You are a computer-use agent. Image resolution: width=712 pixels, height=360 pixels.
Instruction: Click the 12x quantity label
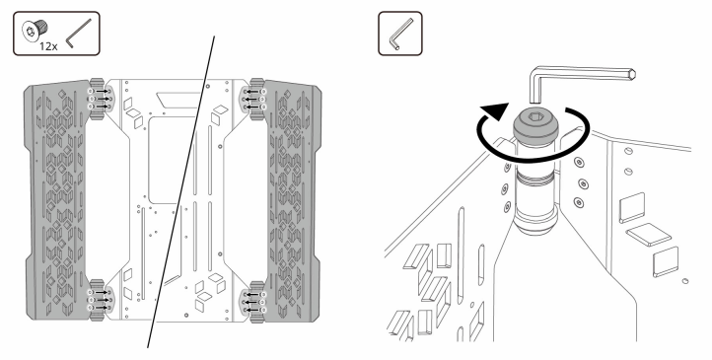[48, 45]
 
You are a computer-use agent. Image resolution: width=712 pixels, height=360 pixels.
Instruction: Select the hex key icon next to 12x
[79, 33]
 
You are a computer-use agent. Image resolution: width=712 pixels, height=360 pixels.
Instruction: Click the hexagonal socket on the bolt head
[534, 116]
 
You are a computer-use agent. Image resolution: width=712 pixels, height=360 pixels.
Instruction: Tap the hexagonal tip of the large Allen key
[631, 74]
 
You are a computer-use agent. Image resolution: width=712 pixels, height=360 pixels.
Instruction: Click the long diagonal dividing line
[180, 192]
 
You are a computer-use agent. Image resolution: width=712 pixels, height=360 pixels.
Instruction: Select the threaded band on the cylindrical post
[534, 176]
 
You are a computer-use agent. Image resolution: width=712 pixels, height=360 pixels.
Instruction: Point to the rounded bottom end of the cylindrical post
[535, 224]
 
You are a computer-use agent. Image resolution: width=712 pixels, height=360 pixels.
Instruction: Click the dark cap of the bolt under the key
[534, 124]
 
